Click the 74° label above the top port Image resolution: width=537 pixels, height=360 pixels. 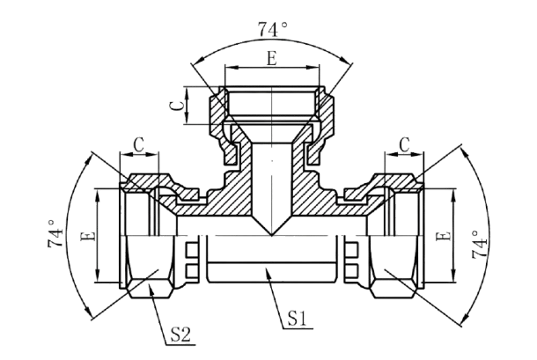[x=273, y=29]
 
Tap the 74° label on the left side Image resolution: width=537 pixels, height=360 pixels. [x=55, y=233]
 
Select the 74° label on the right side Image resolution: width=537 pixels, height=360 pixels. [x=480, y=244]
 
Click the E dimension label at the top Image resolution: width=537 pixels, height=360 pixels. [x=272, y=59]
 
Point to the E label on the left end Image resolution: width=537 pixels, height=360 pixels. [x=88, y=236]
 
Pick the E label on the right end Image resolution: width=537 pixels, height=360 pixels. [x=444, y=236]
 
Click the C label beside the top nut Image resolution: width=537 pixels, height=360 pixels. [x=178, y=106]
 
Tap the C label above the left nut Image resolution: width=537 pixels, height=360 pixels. [x=139, y=144]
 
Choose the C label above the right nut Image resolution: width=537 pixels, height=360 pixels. [x=404, y=144]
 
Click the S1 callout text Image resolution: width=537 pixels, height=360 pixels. [x=297, y=319]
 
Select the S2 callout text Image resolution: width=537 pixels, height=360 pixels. [x=180, y=334]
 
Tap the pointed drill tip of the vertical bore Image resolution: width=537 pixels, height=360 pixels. [x=272, y=235]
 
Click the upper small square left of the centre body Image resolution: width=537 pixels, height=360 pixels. [x=191, y=249]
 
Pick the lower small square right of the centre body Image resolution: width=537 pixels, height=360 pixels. [x=352, y=270]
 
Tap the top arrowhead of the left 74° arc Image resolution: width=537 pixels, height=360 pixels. [x=90, y=158]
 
